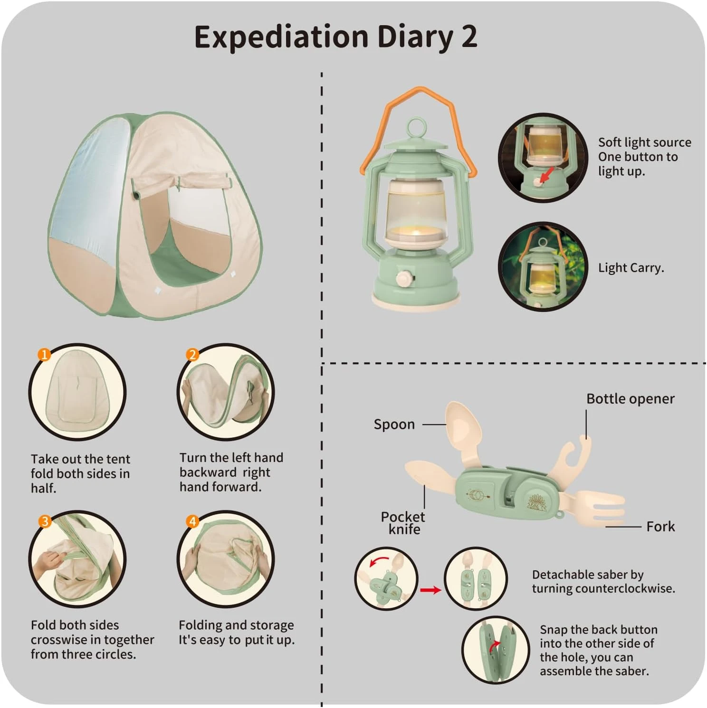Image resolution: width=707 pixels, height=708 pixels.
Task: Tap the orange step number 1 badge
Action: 44,355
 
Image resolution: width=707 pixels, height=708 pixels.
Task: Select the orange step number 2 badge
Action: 192,355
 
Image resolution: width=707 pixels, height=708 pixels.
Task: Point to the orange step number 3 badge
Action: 44,521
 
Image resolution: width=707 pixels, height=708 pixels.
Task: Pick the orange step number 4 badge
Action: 192,521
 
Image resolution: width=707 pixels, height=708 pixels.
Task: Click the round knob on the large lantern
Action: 405,278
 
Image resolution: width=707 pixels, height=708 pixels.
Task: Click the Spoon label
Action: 394,424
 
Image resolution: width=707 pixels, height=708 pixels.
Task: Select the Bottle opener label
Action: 630,399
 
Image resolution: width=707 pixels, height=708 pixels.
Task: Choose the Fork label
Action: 660,526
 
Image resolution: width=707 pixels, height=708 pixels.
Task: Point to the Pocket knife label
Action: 403,523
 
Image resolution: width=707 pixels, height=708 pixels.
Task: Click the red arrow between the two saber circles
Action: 430,590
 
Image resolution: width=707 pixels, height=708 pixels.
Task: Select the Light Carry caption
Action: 631,268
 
